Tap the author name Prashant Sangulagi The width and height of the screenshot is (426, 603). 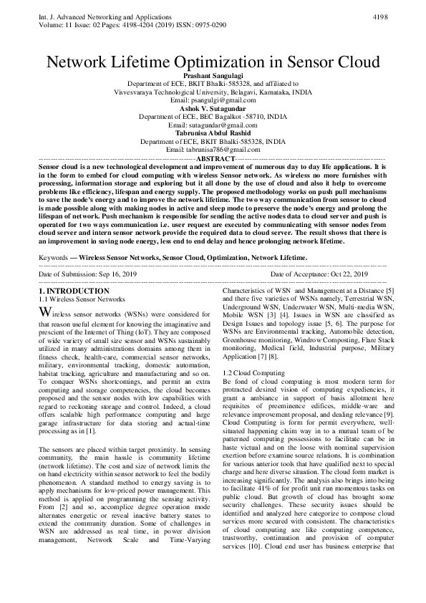[x=213, y=75]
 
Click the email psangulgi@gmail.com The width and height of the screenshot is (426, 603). [x=213, y=100]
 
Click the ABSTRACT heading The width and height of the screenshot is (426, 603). [x=213, y=158]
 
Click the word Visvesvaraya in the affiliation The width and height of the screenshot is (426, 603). [x=138, y=92]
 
